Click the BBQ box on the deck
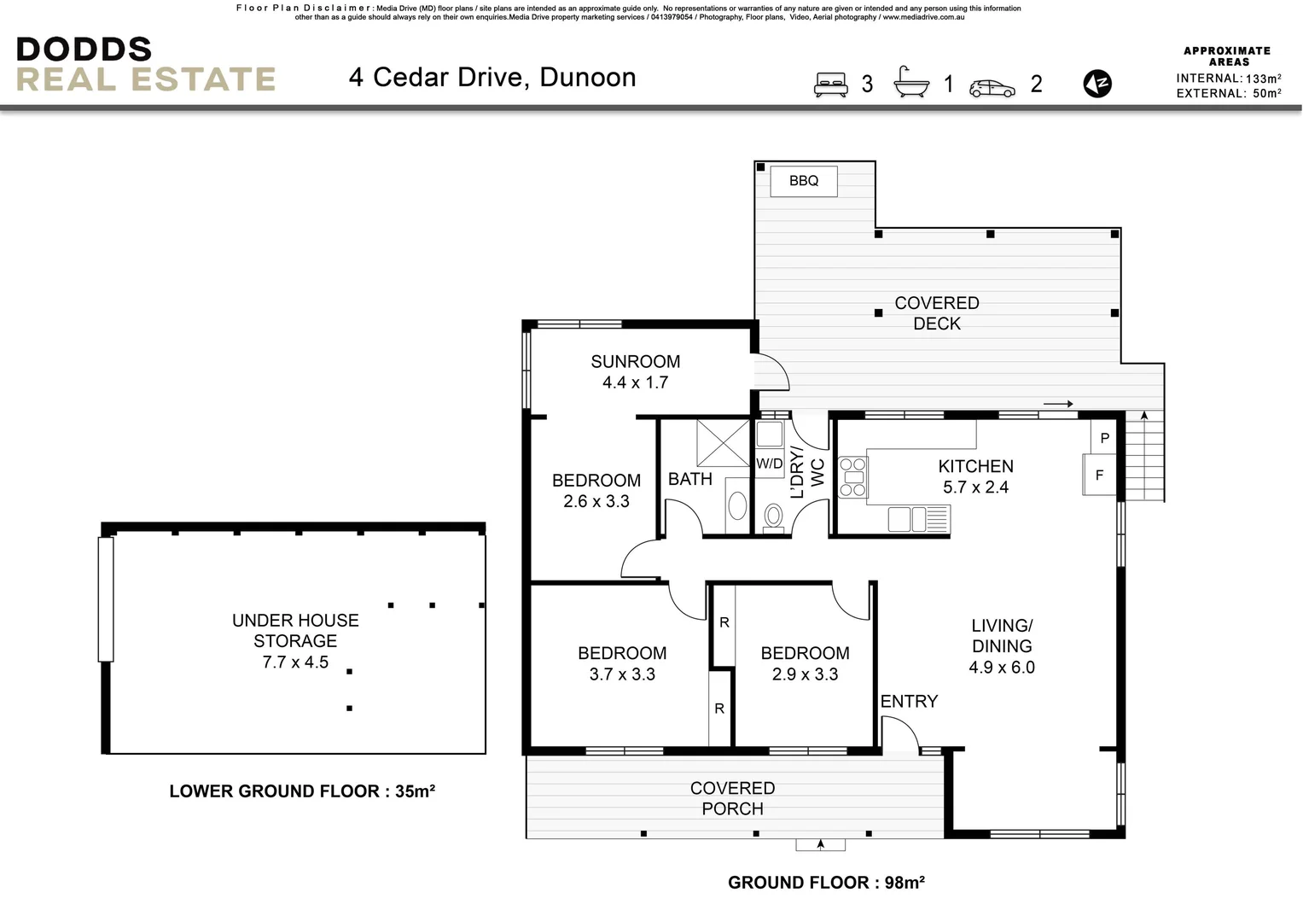click(x=803, y=181)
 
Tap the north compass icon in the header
click(x=1097, y=84)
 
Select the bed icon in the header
click(x=830, y=84)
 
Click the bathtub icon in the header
click(x=911, y=83)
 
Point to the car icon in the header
click(x=992, y=88)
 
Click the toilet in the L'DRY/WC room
click(x=774, y=516)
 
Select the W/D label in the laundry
click(x=769, y=464)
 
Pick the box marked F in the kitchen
click(x=1099, y=475)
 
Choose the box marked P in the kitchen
click(x=1104, y=438)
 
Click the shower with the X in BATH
click(x=722, y=442)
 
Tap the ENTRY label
click(x=909, y=701)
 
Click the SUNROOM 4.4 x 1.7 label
click(x=635, y=371)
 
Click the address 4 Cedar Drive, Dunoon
click(x=492, y=78)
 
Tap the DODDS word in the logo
click(x=84, y=50)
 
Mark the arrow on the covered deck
click(x=1058, y=405)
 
